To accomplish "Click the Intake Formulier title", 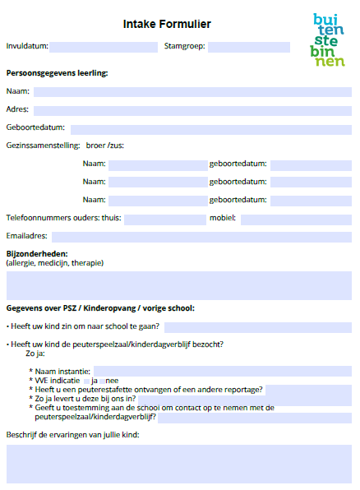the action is [167, 25].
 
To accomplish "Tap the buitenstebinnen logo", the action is [329, 39].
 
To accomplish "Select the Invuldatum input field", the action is [104, 47].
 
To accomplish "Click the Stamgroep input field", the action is [248, 47].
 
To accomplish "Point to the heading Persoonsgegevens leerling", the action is [57, 73].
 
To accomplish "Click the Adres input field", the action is [192, 110].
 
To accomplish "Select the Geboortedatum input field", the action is [210, 129].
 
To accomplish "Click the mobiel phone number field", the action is [296, 219].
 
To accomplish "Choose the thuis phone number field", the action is [164, 219].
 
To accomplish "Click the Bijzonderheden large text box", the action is [179, 285].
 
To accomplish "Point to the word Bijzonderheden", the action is [37, 254].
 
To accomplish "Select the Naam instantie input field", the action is [222, 371].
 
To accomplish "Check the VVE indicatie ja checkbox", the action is [87, 381].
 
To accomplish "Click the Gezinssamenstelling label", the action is [43, 146].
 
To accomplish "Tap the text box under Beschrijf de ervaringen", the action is [179, 464].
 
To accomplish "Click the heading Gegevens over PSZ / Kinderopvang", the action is [100, 309].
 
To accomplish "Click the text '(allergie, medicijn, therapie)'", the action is [55, 263].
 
